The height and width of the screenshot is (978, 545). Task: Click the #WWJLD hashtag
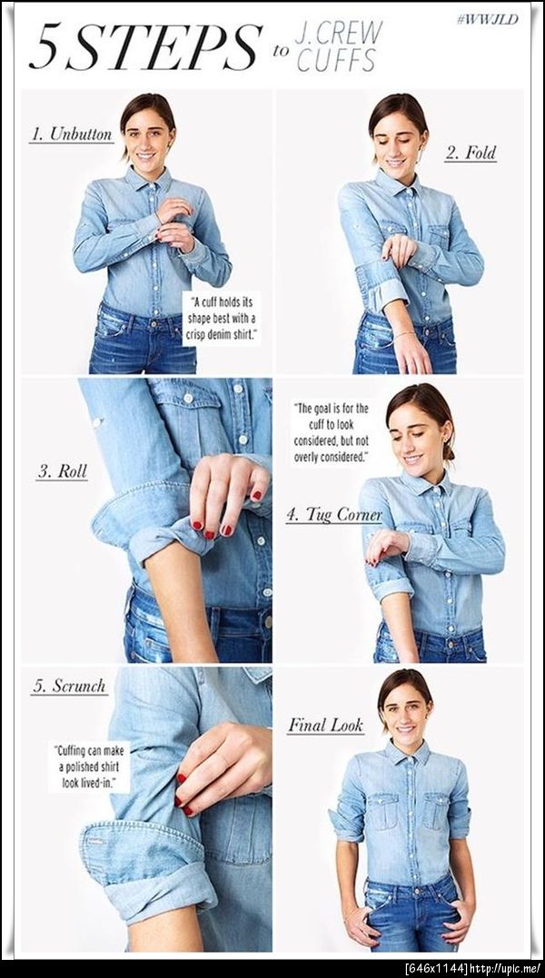(x=487, y=19)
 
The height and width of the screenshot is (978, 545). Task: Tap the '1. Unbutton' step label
(x=72, y=134)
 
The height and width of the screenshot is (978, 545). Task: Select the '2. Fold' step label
(x=471, y=153)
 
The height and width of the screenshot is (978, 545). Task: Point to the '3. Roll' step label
(x=62, y=471)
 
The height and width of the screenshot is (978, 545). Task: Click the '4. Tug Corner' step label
(x=334, y=515)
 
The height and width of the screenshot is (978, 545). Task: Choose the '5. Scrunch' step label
(x=69, y=687)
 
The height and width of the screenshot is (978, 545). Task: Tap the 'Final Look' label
(x=325, y=725)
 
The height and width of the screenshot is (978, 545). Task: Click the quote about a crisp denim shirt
(x=222, y=319)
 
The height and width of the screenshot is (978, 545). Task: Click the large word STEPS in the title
(x=163, y=47)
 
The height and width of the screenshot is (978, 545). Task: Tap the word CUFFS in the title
(x=337, y=61)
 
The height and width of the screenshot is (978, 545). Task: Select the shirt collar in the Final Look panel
(x=407, y=754)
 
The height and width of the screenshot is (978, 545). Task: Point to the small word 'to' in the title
(x=280, y=51)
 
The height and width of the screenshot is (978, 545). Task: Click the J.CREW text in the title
(x=338, y=33)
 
